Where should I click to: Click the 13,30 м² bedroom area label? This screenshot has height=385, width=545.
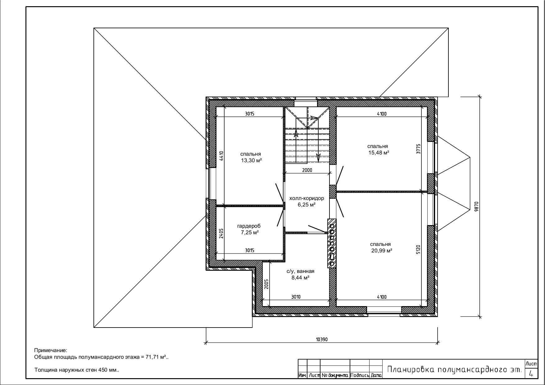point(251,161)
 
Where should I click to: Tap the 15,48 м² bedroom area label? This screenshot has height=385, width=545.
point(379,153)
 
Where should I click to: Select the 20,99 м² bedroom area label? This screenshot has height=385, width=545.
point(382,251)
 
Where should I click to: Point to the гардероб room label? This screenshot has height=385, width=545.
point(249,226)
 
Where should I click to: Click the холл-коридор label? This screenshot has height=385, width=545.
point(307,198)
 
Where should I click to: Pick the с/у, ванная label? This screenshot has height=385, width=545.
point(300,271)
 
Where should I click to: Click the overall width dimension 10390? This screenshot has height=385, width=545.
point(322,339)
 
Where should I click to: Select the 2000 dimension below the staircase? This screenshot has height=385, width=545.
point(307,170)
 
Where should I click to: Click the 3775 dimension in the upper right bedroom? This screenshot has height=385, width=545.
point(418,149)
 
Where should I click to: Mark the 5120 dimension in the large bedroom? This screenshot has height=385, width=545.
point(418,250)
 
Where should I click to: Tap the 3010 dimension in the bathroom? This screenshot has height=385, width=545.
point(296,297)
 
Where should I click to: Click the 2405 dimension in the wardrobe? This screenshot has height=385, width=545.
point(221,233)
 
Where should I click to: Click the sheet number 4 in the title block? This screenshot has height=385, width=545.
point(531,374)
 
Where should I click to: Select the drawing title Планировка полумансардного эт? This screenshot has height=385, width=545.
point(454,369)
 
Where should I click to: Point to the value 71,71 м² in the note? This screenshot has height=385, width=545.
point(157,357)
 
